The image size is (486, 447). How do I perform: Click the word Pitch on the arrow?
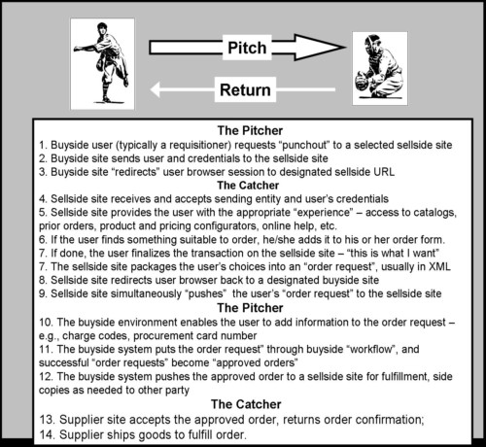tap(247, 48)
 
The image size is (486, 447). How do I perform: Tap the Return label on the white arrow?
tap(245, 89)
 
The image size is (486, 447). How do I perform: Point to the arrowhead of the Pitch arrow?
tap(320, 48)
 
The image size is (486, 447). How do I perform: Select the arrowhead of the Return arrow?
tap(156, 89)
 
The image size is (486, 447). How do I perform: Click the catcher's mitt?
tap(361, 82)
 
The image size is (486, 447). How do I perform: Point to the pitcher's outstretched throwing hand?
tap(77, 50)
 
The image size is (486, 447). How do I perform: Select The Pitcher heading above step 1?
tap(250, 130)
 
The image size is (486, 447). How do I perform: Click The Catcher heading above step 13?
tap(246, 404)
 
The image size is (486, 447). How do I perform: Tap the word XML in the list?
tap(439, 266)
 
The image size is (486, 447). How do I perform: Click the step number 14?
tap(47, 434)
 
